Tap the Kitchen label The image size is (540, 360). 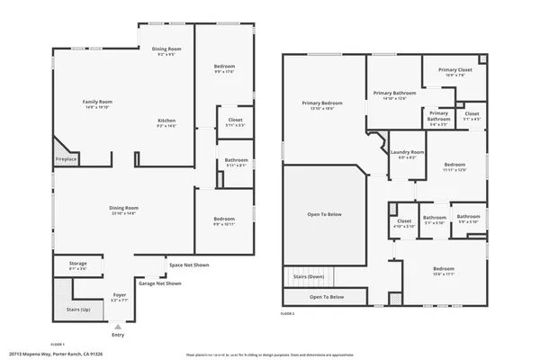(166, 121)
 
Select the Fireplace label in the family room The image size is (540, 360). (67, 159)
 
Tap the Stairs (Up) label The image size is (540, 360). (78, 309)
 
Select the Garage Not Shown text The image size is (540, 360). (160, 283)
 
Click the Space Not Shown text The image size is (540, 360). (189, 265)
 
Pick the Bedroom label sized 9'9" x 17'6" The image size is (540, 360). (224, 67)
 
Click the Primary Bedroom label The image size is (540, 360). (321, 103)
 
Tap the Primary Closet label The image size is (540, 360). (454, 69)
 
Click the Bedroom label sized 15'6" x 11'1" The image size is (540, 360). (444, 269)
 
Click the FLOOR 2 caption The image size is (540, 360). (288, 314)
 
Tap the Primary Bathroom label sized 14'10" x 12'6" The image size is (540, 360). (394, 93)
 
